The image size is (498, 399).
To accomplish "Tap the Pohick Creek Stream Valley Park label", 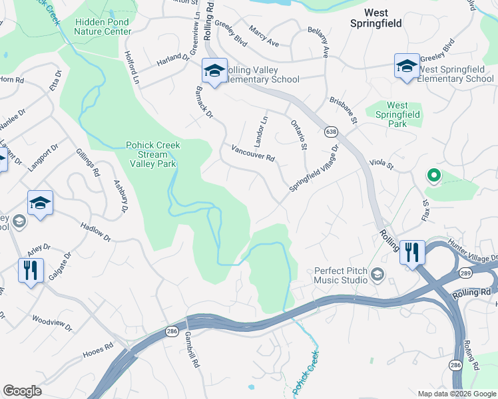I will (153, 155).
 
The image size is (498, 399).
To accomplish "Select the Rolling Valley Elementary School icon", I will (214, 71).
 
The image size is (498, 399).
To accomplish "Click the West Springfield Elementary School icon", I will (407, 66).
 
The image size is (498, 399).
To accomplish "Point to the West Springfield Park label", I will (397, 114).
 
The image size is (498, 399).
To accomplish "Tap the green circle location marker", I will (433, 176).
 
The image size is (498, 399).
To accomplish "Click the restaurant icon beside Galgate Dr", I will (31, 271).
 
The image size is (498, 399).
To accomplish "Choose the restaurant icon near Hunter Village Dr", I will (412, 253).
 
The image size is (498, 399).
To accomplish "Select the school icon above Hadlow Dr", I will (40, 203).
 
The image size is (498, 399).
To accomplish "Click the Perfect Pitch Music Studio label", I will (341, 275).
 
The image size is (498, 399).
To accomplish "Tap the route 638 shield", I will (331, 132).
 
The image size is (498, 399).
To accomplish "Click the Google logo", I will (22, 391).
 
